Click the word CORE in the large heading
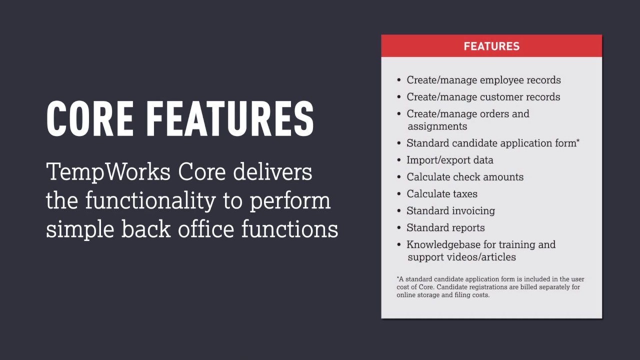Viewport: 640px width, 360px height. click(x=90, y=118)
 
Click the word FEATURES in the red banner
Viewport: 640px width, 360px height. click(x=491, y=46)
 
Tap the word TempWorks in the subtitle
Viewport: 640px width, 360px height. click(x=108, y=172)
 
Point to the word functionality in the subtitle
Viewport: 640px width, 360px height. click(x=150, y=201)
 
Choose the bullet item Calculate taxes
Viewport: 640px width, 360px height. click(x=442, y=194)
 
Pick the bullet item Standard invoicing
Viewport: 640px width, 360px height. click(x=450, y=210)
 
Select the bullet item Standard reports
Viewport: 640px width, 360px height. click(x=445, y=227)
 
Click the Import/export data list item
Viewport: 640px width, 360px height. click(x=449, y=160)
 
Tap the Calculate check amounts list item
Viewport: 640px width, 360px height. click(x=465, y=177)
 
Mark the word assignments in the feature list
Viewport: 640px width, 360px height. click(x=437, y=126)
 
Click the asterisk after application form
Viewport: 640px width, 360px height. click(x=578, y=141)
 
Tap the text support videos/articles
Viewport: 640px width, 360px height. click(x=461, y=257)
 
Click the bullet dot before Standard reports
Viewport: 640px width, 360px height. click(x=399, y=228)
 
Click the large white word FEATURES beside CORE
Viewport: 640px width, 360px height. click(x=230, y=118)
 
